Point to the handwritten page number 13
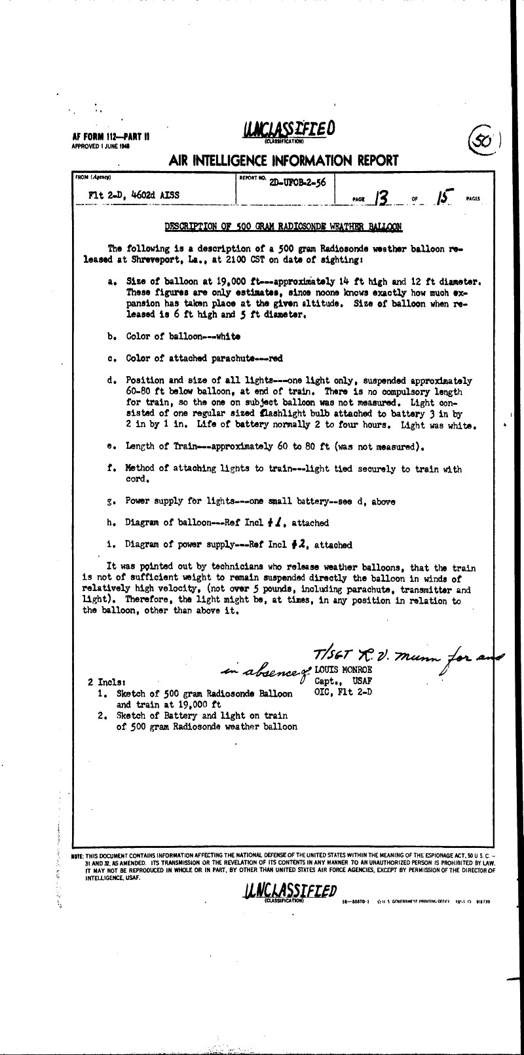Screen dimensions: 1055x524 point(379,196)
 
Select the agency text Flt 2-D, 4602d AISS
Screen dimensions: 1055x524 point(133,195)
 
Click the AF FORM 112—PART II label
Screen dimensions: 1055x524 point(111,137)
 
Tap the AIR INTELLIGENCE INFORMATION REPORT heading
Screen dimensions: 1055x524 point(283,161)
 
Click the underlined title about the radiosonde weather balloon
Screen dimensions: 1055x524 point(283,227)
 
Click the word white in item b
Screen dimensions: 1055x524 point(227,336)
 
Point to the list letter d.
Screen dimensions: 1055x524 point(111,381)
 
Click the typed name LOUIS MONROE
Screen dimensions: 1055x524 point(343,670)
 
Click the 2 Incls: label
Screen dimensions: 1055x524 point(107,683)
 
